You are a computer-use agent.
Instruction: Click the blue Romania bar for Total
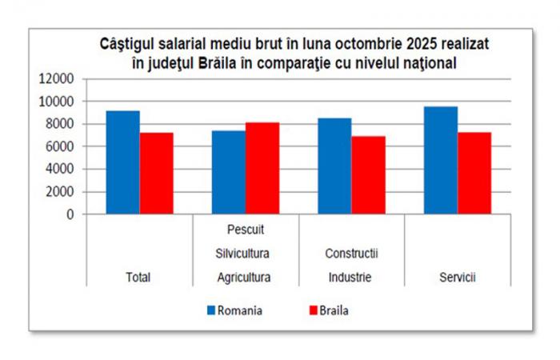coord(122,162)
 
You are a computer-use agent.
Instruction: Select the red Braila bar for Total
coord(157,174)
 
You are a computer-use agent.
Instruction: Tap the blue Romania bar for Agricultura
coord(229,172)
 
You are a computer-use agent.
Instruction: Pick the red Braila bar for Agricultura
coord(262,168)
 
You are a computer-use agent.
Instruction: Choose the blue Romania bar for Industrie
coord(334,166)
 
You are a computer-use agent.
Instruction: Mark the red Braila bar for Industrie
coord(368,175)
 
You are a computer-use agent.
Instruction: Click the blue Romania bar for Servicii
coord(441,160)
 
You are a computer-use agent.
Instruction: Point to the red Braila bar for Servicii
coord(474,174)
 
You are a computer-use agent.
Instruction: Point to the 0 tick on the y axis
coord(70,214)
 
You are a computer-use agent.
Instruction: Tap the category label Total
coord(138,278)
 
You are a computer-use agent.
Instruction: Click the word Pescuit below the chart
coord(245,230)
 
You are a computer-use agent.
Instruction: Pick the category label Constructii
coord(350,254)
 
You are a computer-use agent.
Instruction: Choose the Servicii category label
coord(458,278)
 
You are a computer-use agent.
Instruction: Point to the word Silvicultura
coord(245,254)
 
